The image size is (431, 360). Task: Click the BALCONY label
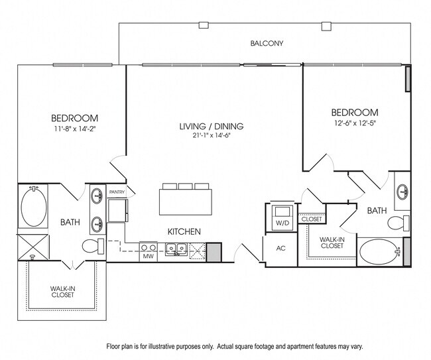pyautogui.click(x=267, y=44)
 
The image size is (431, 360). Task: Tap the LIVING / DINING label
pyautogui.click(x=212, y=126)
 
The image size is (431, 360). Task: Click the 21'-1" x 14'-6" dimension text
pyautogui.click(x=212, y=136)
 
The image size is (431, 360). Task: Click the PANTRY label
pyautogui.click(x=117, y=192)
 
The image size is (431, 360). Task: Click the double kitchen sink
pyautogui.click(x=176, y=250)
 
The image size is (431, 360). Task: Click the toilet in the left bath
pyautogui.click(x=93, y=247)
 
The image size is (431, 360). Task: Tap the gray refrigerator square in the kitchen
pyautogui.click(x=214, y=252)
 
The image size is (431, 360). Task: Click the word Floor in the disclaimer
pyautogui.click(x=115, y=347)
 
